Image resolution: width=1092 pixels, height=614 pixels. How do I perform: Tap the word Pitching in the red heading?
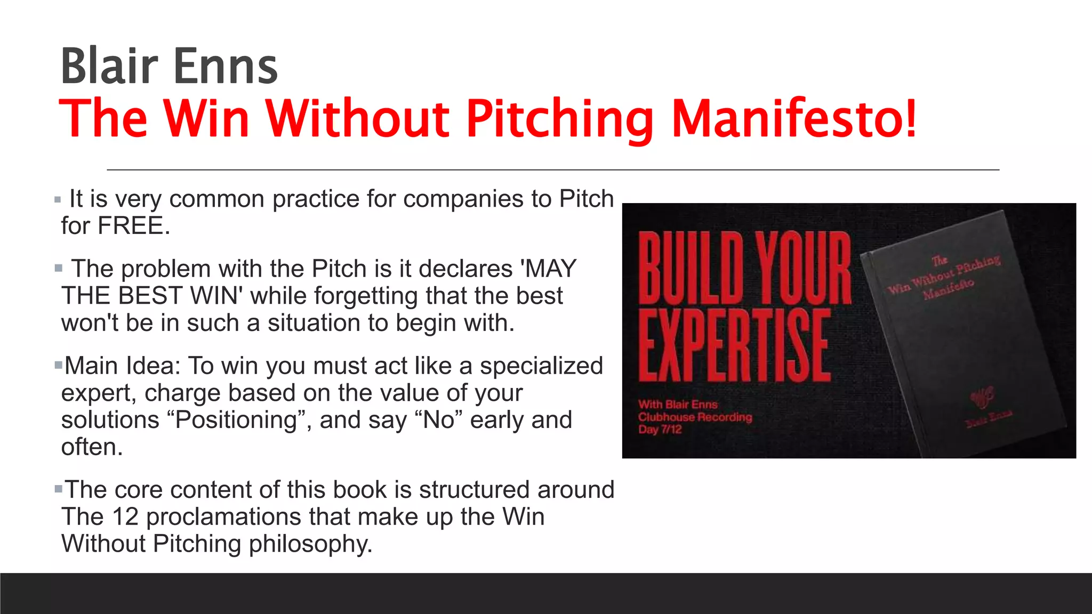click(x=560, y=119)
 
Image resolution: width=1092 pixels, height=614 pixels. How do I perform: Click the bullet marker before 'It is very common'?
click(x=58, y=200)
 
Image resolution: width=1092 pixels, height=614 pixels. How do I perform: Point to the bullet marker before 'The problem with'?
click(x=58, y=268)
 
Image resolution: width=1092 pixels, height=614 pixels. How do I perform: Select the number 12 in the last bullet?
click(x=126, y=517)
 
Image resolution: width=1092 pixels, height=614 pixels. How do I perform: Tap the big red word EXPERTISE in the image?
click(x=735, y=345)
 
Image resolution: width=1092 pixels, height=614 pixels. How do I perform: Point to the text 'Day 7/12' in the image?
click(x=660, y=430)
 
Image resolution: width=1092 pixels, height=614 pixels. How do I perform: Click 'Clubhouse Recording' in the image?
click(x=695, y=417)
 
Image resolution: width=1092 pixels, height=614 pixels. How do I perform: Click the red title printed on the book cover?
click(x=944, y=277)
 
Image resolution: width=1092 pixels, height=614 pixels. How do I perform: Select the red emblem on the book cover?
click(x=982, y=397)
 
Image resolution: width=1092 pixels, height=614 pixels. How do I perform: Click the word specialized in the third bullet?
click(x=541, y=366)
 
